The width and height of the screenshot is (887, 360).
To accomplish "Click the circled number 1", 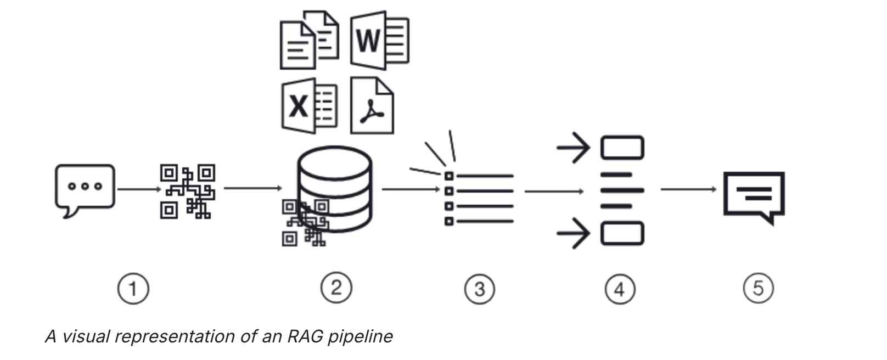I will tap(133, 288).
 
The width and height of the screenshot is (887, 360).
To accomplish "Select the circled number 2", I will tap(336, 288).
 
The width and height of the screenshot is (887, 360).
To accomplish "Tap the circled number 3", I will tap(480, 289).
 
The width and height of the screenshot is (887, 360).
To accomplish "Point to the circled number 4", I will tap(620, 289).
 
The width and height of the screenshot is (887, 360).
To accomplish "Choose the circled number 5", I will tap(759, 288).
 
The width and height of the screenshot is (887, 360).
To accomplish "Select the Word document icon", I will tap(379, 40).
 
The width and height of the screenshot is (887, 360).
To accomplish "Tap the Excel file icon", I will tap(309, 106).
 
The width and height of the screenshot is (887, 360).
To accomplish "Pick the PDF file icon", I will tap(372, 106).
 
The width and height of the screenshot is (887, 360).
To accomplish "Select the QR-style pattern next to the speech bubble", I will tap(187, 191).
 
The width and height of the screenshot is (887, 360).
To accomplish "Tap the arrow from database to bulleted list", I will tap(411, 189).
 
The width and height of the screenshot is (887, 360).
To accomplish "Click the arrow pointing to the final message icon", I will tap(688, 189).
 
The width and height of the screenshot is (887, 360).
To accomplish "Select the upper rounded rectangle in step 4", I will tap(622, 148).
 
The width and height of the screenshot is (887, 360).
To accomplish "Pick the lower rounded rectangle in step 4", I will tap(622, 233).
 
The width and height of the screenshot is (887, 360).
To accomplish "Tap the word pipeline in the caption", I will tap(361, 336).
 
